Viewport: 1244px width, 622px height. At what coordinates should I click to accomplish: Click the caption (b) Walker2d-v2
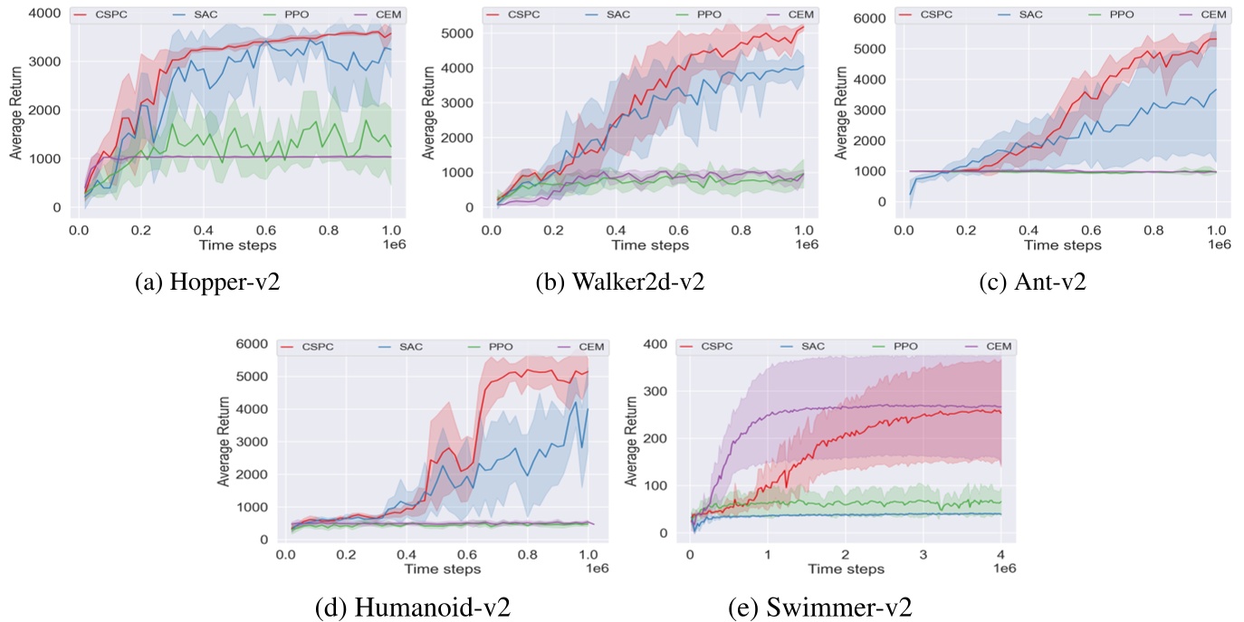(x=621, y=282)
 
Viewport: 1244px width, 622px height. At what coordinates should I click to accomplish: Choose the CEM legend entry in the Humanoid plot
(x=581, y=347)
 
